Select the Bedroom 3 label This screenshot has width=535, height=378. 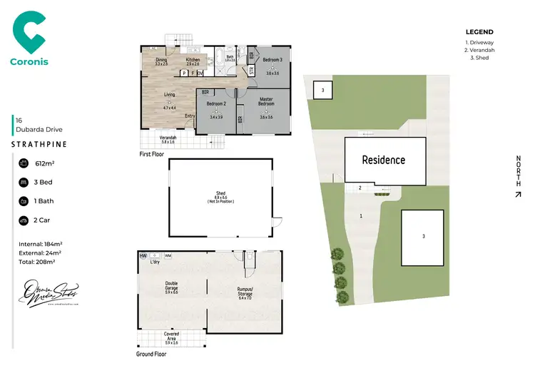coord(272,59)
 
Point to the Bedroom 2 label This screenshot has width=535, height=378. coord(216,104)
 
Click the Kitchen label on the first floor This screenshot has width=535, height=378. coord(193,60)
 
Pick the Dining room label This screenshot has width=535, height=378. coord(160,60)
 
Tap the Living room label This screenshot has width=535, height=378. coord(169,94)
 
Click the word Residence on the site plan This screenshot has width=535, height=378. coord(383,160)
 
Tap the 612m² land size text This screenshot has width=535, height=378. coord(45,163)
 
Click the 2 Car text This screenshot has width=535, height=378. coord(44,220)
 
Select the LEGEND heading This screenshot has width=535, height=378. coord(479,32)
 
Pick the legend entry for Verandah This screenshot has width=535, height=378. coord(480,50)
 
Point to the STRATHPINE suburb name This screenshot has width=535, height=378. coord(40,144)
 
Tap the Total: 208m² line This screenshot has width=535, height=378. coord(36,261)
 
